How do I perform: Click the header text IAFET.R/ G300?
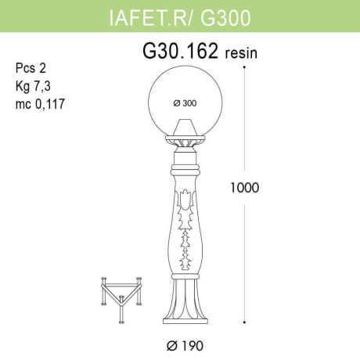(x=180, y=15)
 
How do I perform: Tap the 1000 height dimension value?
(x=245, y=188)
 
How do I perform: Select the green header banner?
(x=180, y=15)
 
